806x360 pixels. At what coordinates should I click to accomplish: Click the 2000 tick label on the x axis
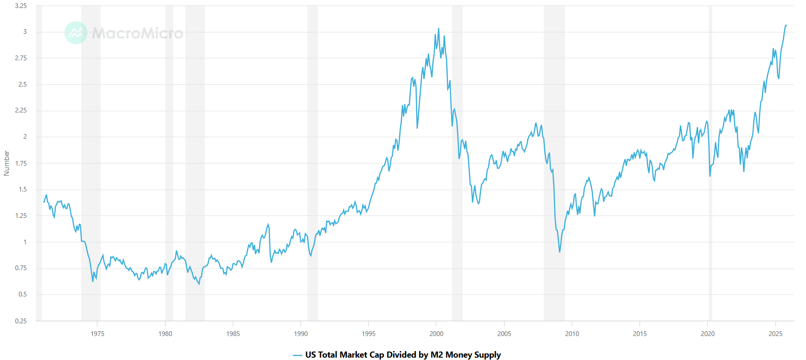coord(436,334)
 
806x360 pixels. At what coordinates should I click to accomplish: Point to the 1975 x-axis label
coord(97,334)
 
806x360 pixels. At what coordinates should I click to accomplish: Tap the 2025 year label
coord(775,334)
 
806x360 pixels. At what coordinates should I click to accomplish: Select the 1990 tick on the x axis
coord(301,334)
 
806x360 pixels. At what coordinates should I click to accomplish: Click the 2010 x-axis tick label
coord(572,334)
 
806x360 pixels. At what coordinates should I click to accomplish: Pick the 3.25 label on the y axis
coord(21,6)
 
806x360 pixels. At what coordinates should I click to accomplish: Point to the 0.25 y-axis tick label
coord(21,321)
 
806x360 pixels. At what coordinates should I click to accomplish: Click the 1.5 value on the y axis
coord(23,190)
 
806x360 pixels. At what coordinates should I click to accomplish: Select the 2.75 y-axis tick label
coord(21,58)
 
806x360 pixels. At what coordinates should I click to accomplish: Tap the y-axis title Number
coord(7,163)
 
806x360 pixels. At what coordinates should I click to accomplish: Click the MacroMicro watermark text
coord(137,33)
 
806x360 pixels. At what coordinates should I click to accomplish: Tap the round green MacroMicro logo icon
coord(76,33)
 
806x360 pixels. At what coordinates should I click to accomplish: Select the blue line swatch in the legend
coord(297,355)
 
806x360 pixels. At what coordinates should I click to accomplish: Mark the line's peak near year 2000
coord(438,28)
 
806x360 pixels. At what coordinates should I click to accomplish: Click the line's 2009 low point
coord(560,252)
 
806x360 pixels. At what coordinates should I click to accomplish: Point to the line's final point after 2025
coord(786,25)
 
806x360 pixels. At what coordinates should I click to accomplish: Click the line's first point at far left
coord(44,201)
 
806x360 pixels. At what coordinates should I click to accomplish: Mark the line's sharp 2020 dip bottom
coord(710,176)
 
